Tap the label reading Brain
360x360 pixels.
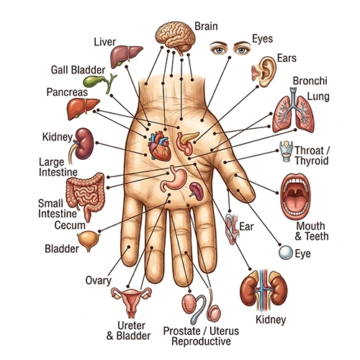(206, 26)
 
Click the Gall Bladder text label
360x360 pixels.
(78, 70)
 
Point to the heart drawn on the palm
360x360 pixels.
(159, 147)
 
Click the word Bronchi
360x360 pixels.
(310, 81)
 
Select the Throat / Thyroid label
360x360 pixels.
(312, 156)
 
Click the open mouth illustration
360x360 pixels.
(296, 195)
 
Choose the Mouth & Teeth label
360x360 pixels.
(312, 231)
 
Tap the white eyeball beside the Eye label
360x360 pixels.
(286, 253)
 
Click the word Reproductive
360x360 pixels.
(201, 341)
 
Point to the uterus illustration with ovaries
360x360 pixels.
(131, 301)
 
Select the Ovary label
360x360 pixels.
(99, 280)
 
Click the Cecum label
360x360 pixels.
(70, 225)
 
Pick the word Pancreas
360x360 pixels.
(67, 92)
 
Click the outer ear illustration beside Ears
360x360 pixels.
(264, 71)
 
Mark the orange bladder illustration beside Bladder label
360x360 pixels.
(88, 240)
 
